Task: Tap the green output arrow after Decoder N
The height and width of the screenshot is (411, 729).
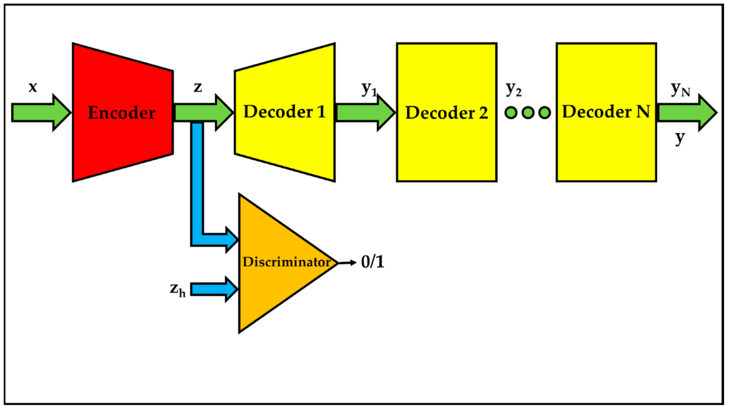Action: [x=685, y=112]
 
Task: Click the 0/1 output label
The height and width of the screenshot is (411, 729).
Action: [x=372, y=262]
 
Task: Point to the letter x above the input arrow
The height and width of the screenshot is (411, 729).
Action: [x=33, y=87]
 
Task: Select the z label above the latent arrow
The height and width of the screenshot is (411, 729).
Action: [x=198, y=87]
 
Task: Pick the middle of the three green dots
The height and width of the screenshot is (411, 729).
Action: [x=528, y=112]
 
